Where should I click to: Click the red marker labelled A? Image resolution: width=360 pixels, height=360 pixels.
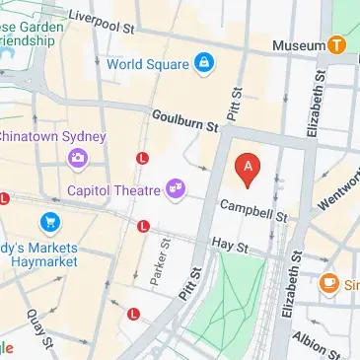(248, 169)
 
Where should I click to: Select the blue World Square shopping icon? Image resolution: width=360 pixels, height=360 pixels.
(204, 63)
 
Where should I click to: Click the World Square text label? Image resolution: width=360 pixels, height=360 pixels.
(148, 63)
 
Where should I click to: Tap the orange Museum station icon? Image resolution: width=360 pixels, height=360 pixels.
(337, 44)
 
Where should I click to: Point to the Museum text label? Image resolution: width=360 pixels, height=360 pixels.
(299, 45)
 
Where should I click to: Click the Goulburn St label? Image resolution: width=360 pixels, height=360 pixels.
(184, 120)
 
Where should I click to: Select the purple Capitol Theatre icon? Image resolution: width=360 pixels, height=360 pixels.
(177, 186)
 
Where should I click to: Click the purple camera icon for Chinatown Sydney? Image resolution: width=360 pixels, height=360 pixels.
(76, 157)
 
